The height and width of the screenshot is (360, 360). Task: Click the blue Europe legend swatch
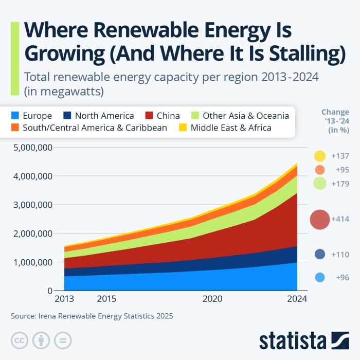[x=16, y=116]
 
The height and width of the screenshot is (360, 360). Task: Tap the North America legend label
[x=104, y=116]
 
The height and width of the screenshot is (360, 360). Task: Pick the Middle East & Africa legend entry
[x=231, y=128]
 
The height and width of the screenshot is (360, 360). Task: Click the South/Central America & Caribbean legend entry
[x=95, y=128]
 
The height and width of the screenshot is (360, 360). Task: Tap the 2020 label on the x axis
[x=212, y=299]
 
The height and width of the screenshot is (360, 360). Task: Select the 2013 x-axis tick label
[x=64, y=299]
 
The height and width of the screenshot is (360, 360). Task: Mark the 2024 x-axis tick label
[x=297, y=299]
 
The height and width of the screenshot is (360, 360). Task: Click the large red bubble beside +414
[x=319, y=220]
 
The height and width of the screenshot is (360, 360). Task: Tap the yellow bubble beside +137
[x=319, y=156]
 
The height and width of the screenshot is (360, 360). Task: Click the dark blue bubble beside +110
[x=319, y=254]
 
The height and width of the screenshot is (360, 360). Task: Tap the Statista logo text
[x=292, y=340]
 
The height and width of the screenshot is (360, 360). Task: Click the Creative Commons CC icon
[x=20, y=340]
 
